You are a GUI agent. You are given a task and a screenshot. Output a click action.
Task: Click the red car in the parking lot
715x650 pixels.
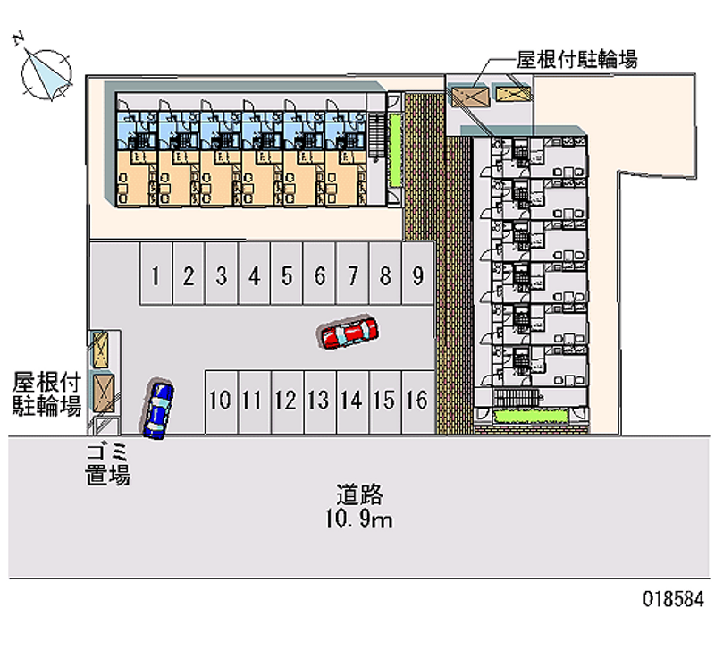(x=348, y=333)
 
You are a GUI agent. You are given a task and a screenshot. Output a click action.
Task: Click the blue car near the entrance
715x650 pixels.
(x=158, y=409)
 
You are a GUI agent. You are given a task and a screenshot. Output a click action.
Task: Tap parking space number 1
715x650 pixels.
(x=156, y=275)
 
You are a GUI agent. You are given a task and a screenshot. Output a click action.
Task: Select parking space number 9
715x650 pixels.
(x=417, y=275)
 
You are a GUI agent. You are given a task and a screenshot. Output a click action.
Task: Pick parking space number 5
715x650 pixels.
(x=287, y=275)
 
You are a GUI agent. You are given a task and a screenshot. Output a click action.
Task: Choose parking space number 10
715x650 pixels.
(x=220, y=400)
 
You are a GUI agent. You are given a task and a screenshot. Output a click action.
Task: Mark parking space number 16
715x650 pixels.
(x=416, y=400)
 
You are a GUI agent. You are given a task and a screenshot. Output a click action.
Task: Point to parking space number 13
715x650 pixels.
(x=318, y=400)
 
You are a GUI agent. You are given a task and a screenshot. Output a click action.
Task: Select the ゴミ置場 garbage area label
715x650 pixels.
(x=108, y=463)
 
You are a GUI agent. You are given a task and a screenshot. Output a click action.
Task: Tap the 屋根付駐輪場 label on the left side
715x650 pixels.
(x=46, y=394)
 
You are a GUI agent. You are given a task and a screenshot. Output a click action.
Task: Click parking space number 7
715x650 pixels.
(x=352, y=275)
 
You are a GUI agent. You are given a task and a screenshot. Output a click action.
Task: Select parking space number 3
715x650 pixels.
(x=221, y=275)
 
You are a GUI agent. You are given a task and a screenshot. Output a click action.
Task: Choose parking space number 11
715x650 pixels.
(x=252, y=400)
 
